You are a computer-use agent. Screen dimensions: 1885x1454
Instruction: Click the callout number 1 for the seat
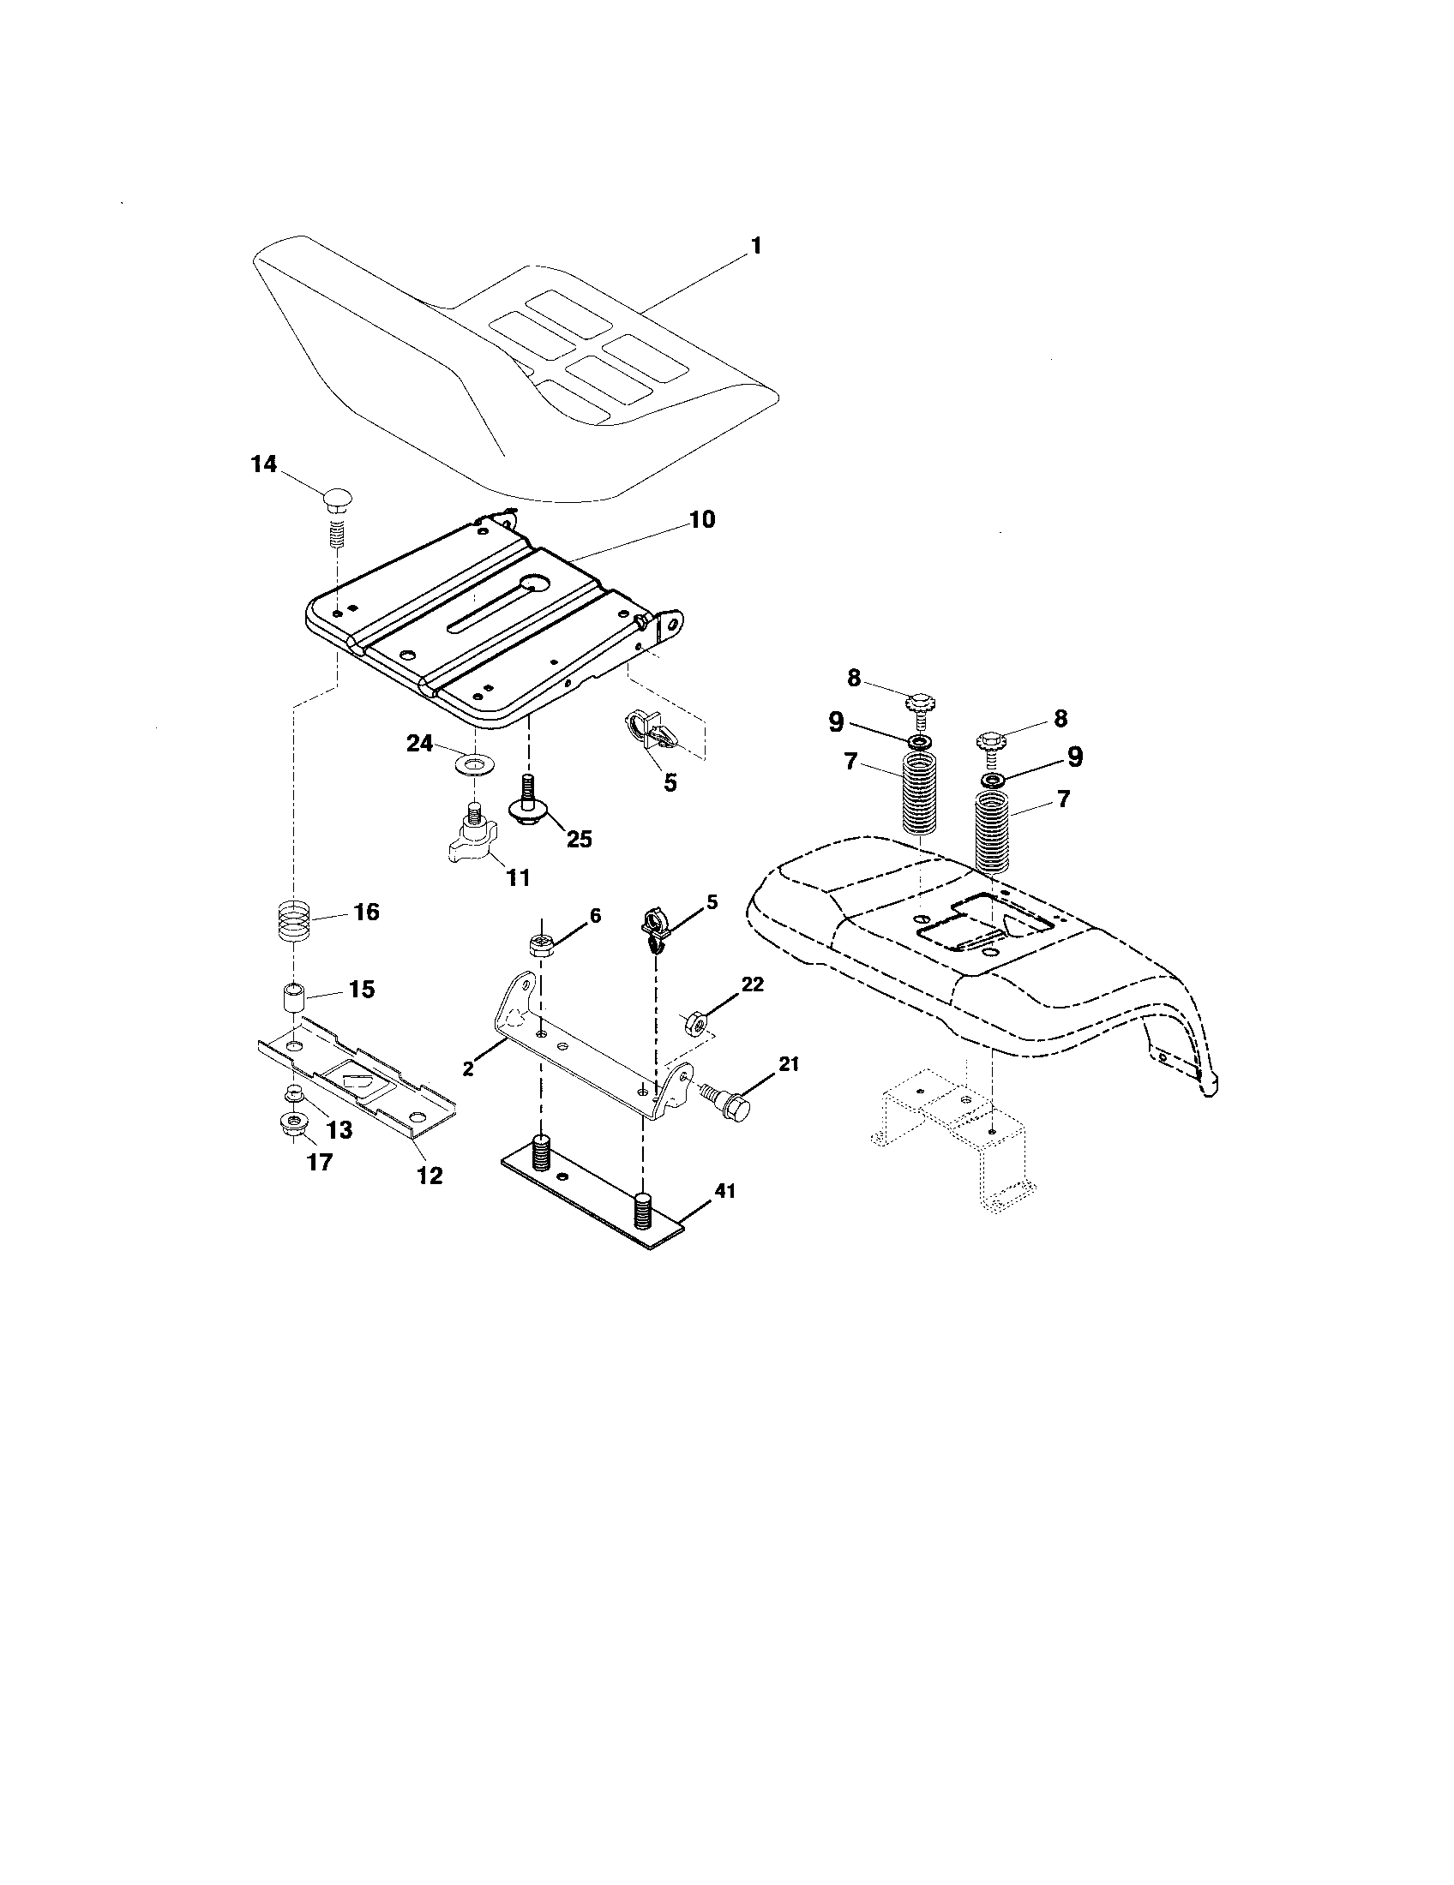(755, 246)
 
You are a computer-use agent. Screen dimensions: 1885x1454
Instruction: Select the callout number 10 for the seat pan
(701, 519)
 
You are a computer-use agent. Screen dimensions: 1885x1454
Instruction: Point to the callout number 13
(339, 1129)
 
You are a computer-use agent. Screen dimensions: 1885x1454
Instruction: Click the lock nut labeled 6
(540, 945)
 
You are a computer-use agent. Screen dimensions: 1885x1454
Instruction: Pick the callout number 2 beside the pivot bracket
(467, 1068)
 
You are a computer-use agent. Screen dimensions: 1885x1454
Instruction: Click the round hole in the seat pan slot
(537, 584)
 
